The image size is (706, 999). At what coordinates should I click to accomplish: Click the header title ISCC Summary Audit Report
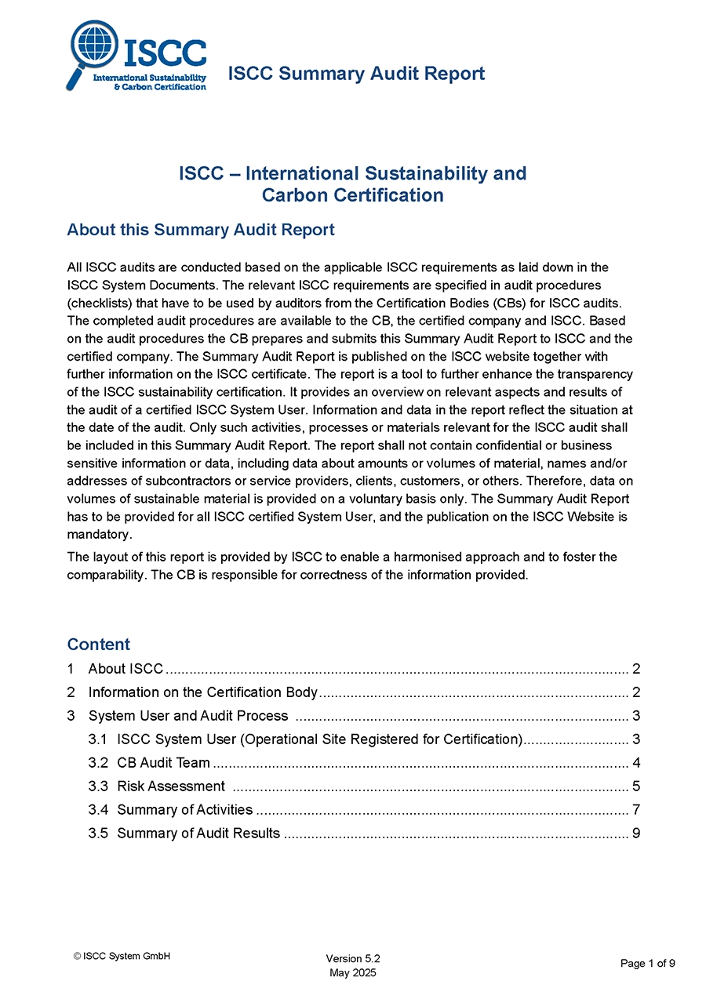point(356,74)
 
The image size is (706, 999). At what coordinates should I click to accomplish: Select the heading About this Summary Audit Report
point(201,230)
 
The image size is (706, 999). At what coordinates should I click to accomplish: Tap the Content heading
point(99,645)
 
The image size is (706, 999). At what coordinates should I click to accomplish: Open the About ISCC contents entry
point(126,669)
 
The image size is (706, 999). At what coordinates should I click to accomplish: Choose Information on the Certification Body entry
point(202,692)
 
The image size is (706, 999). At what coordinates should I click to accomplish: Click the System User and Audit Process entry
point(188,716)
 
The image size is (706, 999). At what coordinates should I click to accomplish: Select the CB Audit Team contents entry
point(163,763)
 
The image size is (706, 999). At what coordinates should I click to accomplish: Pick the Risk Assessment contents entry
point(171,786)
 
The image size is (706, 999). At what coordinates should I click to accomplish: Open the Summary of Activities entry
point(184,810)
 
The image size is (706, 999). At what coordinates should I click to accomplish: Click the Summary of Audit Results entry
point(198,834)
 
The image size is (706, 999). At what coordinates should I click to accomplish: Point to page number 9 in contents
point(636,834)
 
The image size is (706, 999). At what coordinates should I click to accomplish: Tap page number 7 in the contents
point(636,810)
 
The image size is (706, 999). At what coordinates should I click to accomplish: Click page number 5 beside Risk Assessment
point(636,786)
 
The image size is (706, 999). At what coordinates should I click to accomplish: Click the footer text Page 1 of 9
point(647,964)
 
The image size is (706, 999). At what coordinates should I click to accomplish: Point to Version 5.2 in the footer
point(353,959)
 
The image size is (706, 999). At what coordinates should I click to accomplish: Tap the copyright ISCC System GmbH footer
point(122,956)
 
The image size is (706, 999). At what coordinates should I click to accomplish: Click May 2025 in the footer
point(353,973)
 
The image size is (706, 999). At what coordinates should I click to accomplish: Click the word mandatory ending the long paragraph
point(97,534)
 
